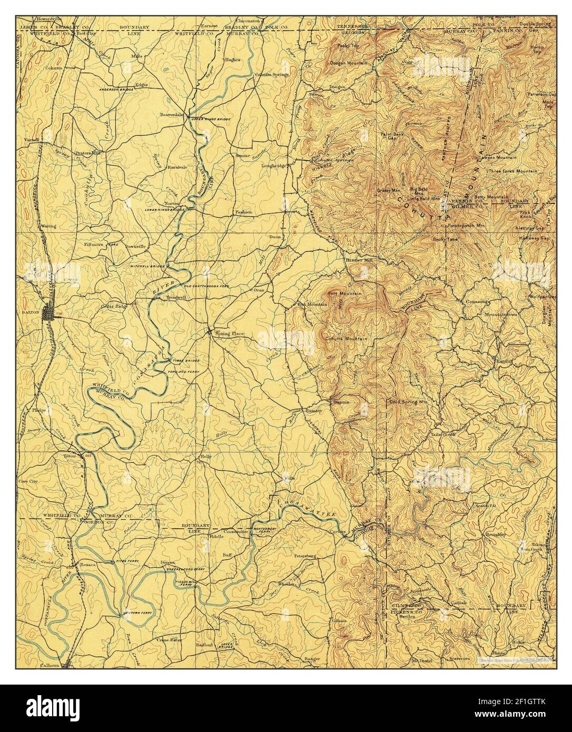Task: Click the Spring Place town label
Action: (228, 333)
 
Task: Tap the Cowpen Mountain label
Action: (497, 157)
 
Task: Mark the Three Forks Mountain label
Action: (512, 171)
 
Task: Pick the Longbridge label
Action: (273, 166)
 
